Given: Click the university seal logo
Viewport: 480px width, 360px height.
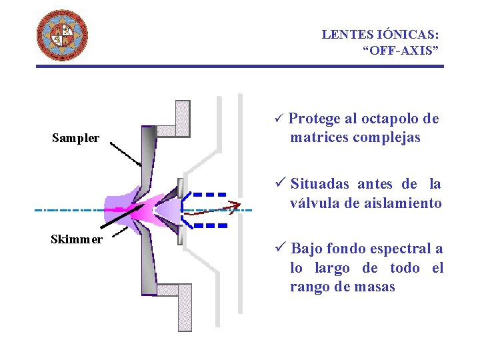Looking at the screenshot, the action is [61, 35].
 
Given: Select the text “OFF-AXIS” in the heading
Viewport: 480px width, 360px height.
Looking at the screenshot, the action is [400, 50].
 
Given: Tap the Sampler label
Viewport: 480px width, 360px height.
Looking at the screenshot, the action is [75, 139].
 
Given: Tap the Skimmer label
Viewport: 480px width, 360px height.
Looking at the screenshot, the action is [76, 239].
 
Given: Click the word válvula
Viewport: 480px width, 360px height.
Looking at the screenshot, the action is [315, 203].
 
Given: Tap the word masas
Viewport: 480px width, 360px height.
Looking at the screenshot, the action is [375, 287].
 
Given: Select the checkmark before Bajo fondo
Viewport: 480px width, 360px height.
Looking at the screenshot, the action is [280, 249].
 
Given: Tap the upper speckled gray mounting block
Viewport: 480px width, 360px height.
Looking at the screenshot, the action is [182, 118].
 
